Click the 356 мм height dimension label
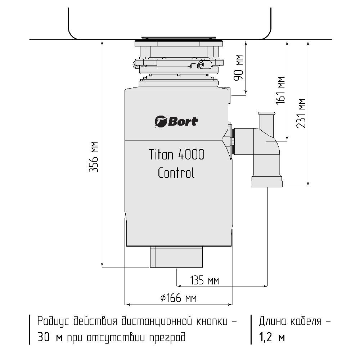pyautogui.click(x=94, y=157)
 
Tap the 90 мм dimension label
pyautogui.click(x=238, y=68)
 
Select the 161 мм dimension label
pyautogui.click(x=280, y=90)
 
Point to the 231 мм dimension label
pyautogui.click(x=301, y=113)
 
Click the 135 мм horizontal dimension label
pyautogui.click(x=204, y=280)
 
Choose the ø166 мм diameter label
pyautogui.click(x=179, y=298)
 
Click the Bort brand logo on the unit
pyautogui.click(x=176, y=122)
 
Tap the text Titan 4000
pyautogui.click(x=176, y=154)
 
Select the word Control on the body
pyautogui.click(x=176, y=173)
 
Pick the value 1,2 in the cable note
pyautogui.click(x=266, y=337)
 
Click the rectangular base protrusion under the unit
pyautogui.click(x=176, y=257)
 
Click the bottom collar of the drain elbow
pyautogui.click(x=267, y=181)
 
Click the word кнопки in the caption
pyautogui.click(x=212, y=321)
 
